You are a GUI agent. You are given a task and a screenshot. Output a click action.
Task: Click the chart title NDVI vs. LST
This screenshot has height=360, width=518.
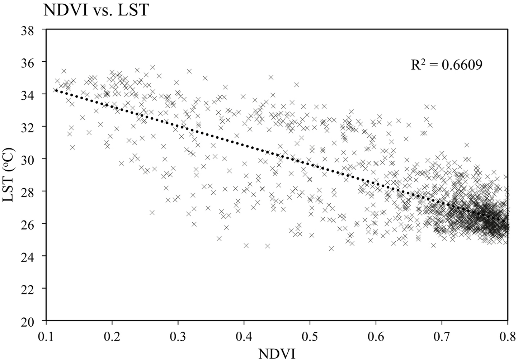coord(95,10)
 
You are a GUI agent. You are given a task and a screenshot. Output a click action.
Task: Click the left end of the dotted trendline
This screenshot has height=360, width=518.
coord(56,90)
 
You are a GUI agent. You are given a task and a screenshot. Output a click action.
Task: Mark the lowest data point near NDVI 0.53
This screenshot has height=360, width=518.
coord(331,248)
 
